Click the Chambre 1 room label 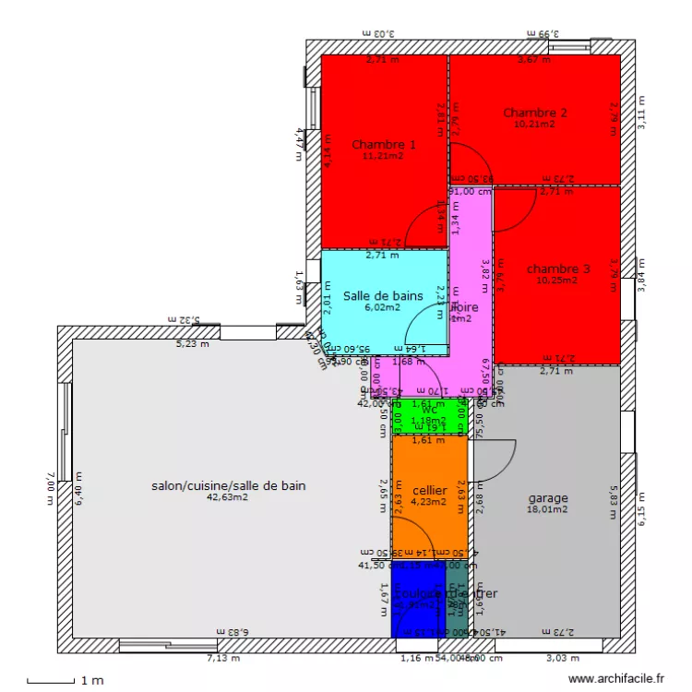384,144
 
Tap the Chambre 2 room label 535,113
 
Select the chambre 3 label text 557,268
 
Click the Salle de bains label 383,296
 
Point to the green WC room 429,416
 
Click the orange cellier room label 429,491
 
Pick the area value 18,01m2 547,508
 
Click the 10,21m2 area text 535,124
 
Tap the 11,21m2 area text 383,156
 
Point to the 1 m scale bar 51,681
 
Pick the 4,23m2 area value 428,503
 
